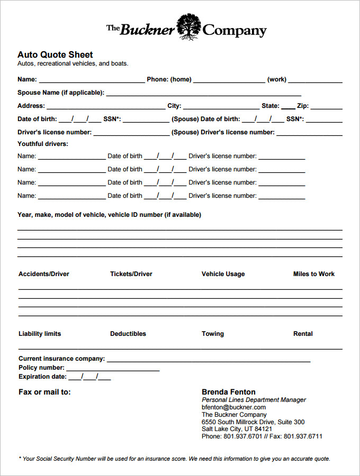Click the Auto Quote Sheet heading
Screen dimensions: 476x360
coord(55,54)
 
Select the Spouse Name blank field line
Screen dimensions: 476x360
coord(203,94)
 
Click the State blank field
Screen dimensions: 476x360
coord(288,107)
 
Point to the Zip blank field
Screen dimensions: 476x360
coord(326,107)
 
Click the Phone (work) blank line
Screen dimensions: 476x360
coord(315,80)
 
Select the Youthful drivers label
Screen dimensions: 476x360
coord(43,144)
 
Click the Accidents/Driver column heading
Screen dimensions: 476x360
coord(44,274)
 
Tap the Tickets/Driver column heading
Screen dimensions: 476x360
coord(131,274)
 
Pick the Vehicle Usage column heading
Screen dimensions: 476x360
coord(223,274)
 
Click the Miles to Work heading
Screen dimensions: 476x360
coord(314,274)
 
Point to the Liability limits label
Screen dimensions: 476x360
coord(40,334)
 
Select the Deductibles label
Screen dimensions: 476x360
coord(128,334)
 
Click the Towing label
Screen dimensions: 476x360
coord(213,334)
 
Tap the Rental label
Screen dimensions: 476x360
coord(303,334)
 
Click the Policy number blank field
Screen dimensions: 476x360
coord(113,369)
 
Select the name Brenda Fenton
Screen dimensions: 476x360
coord(229,392)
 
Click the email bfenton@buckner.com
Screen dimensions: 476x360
coord(233,407)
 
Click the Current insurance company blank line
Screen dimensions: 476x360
coord(208,360)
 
